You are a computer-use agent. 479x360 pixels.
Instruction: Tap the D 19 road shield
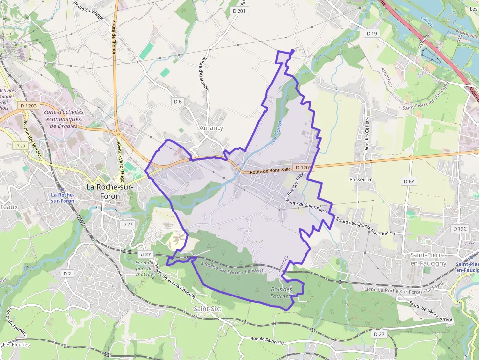[372, 33]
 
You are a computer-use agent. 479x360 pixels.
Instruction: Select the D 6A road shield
[409, 181]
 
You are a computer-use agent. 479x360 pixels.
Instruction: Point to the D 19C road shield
[460, 228]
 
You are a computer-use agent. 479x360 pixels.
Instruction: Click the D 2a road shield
[20, 145]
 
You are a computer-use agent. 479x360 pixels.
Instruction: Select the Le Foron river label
[277, 132]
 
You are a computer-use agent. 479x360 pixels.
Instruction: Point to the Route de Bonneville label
[271, 170]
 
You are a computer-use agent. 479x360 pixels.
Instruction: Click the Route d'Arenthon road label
[203, 73]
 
